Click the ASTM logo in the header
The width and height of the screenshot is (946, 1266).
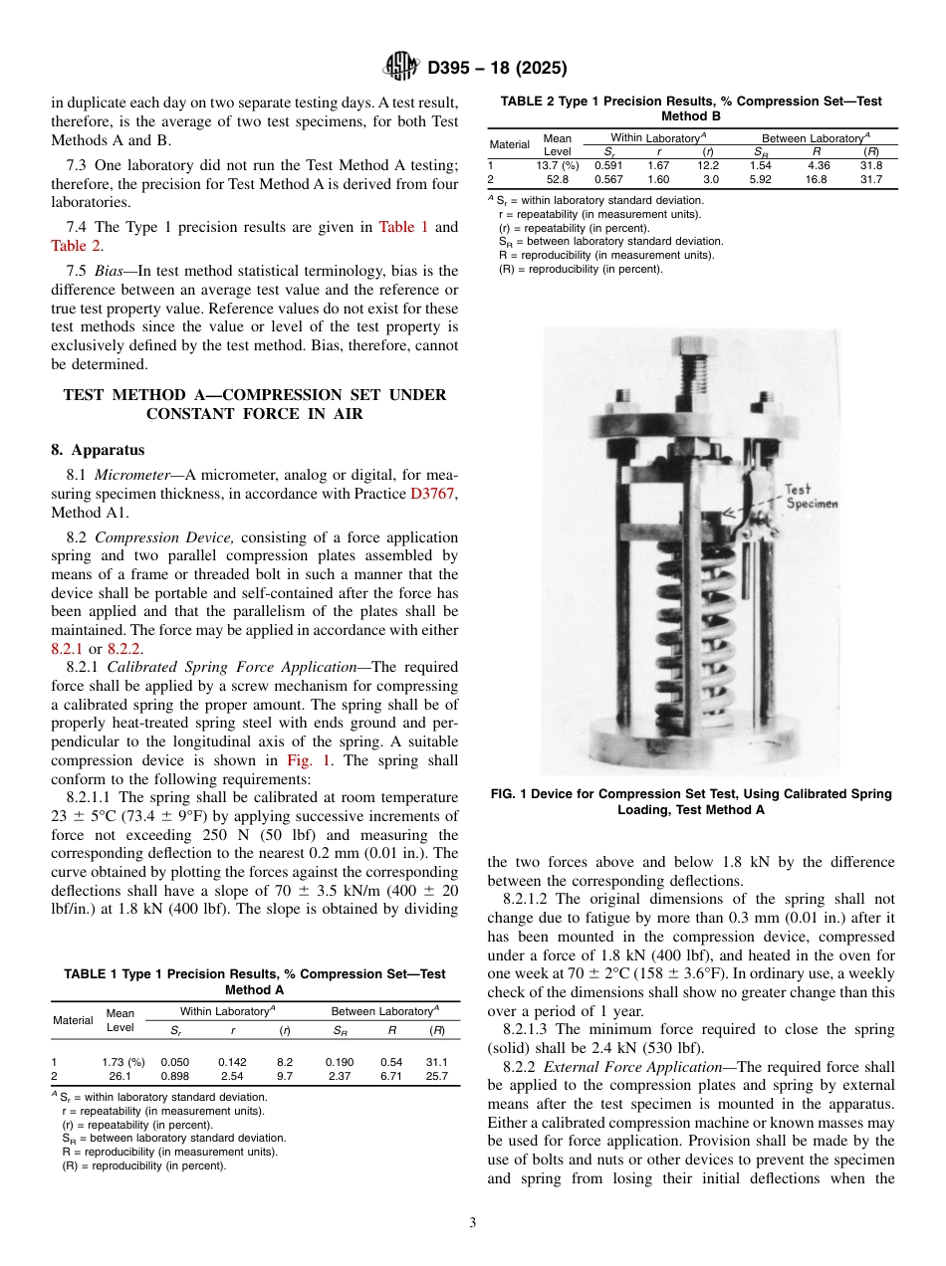[x=401, y=68]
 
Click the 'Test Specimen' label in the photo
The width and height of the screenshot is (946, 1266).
[x=810, y=496]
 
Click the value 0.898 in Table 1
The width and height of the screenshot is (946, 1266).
[x=175, y=1076]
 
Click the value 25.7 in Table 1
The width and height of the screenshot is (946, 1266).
[x=436, y=1076]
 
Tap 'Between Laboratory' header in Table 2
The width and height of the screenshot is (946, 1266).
[x=815, y=137]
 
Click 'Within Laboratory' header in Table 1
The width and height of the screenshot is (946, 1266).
[x=226, y=1011]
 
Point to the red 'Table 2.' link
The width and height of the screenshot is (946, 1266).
[x=77, y=245]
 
